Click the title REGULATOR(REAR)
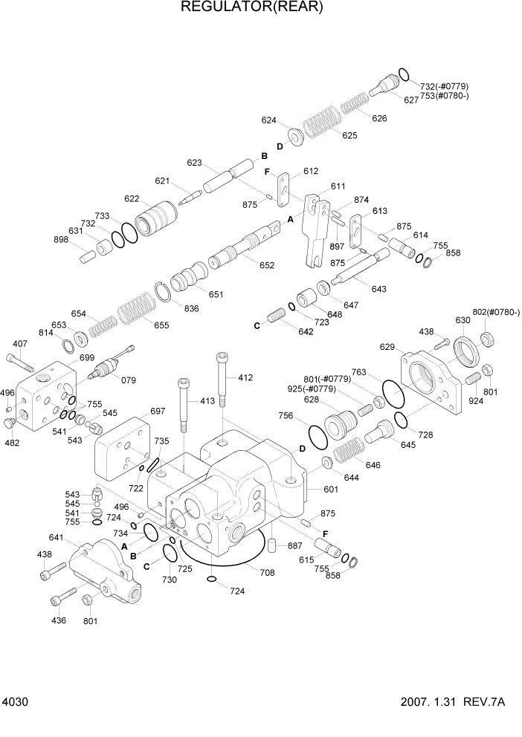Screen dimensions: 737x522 point(252,8)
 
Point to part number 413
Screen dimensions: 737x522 point(207,401)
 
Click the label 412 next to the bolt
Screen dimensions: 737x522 point(245,378)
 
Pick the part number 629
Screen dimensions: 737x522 point(387,347)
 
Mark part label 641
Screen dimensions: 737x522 point(57,538)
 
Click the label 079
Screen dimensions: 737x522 point(129,380)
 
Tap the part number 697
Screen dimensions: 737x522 point(157,411)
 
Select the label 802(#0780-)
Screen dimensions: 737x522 point(496,313)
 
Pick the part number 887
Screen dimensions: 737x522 point(295,546)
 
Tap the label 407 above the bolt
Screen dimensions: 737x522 point(20,343)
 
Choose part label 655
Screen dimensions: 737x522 point(161,325)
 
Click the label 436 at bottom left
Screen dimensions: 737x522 point(59,620)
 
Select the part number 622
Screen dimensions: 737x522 point(132,198)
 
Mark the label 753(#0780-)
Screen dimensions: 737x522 point(445,96)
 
